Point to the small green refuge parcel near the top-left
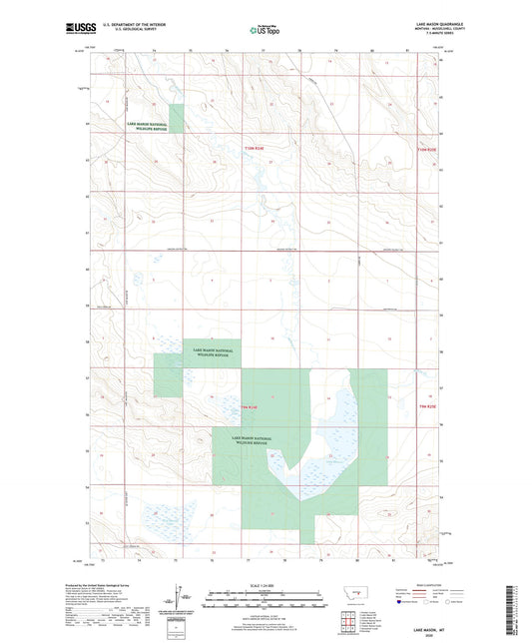coord(176,119)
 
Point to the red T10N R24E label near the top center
coord(256,148)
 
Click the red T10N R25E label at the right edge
coord(426,148)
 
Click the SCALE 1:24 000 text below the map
coord(265,585)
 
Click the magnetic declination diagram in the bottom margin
coord(178,603)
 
